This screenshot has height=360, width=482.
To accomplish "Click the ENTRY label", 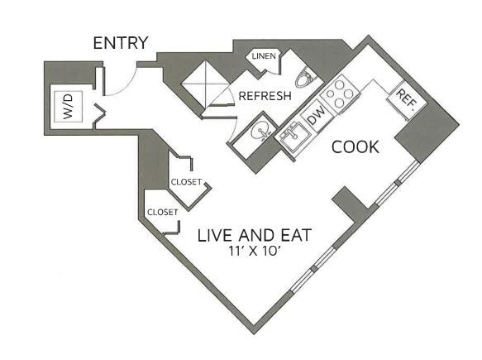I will (x=120, y=43).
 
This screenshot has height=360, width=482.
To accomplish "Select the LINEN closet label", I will (x=264, y=55).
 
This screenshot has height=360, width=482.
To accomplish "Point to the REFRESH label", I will (x=265, y=96).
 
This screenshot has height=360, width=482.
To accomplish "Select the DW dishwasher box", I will (x=315, y=117).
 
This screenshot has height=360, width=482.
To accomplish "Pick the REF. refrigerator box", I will (x=405, y=100).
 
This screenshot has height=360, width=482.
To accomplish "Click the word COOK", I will (x=356, y=147).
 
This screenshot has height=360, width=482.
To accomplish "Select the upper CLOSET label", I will (x=186, y=182).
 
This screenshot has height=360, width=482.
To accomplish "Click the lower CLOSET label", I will (x=162, y=212).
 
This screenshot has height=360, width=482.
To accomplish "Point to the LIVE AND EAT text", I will (x=254, y=235).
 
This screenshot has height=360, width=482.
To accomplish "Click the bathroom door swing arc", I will (x=217, y=104).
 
